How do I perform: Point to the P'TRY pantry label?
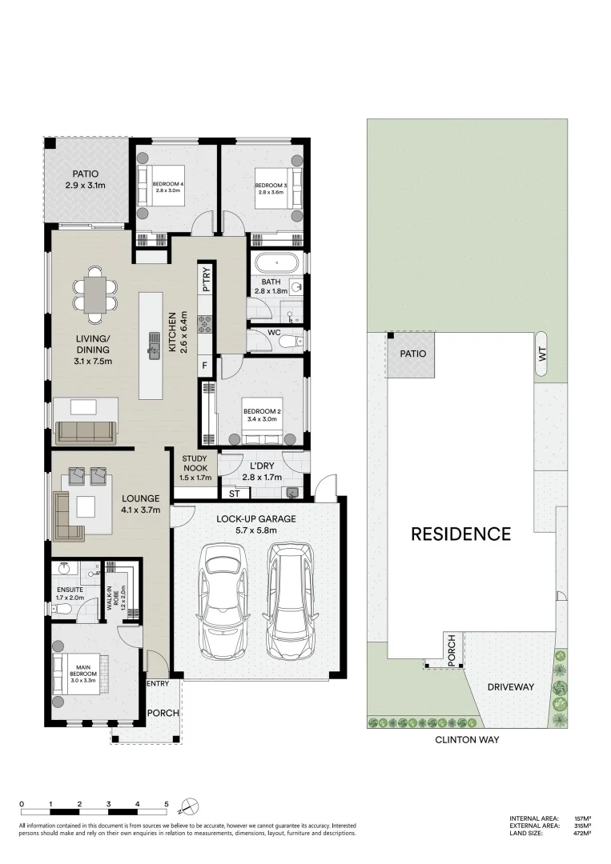click(206, 281)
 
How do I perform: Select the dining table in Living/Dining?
click(95, 294)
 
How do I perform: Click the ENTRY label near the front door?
click(158, 684)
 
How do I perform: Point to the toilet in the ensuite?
click(63, 610)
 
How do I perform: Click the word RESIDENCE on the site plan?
click(460, 534)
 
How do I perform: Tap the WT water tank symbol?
click(542, 353)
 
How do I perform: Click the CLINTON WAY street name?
click(467, 740)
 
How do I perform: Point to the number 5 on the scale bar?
click(167, 803)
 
